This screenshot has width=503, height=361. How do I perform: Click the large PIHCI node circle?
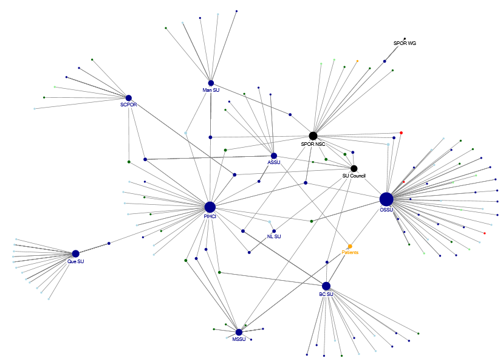tap(210, 207)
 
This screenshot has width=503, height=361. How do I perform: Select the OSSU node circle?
tap(386, 199)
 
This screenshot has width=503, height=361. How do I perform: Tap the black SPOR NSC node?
tap(313, 136)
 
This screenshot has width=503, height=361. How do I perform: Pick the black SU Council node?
tap(354, 168)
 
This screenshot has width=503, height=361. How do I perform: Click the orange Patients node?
tap(350, 246)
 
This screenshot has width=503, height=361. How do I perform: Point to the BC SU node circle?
tap(326, 286)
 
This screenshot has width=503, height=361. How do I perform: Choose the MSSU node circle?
tap(239, 332)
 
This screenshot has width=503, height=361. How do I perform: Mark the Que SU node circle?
tap(75, 253)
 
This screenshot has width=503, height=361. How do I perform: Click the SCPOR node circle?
tap(129, 98)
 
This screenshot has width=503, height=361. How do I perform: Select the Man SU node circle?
tap(211, 83)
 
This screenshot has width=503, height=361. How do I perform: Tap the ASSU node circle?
tap(274, 156)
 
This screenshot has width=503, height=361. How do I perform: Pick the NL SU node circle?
tap(274, 231)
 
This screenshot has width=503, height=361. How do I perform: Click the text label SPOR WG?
tap(405, 44)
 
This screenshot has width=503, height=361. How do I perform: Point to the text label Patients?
tap(350, 252)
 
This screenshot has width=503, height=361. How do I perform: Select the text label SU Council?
tap(354, 176)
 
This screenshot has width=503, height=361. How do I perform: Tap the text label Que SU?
tap(75, 261)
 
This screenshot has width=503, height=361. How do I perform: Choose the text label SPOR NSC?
tap(313, 144)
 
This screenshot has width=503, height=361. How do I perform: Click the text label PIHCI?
tap(210, 216)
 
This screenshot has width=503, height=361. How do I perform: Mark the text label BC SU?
tap(326, 294)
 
